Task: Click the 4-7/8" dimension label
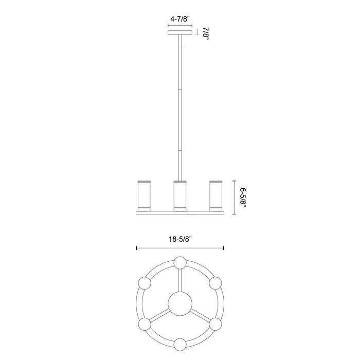click(x=180, y=19)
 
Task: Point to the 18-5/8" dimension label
click(x=179, y=239)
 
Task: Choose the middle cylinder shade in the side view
click(x=179, y=195)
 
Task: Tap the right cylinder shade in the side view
click(x=214, y=195)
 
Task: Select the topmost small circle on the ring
click(x=179, y=263)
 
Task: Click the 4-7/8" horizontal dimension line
click(x=180, y=24)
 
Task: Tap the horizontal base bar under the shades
click(x=179, y=212)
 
